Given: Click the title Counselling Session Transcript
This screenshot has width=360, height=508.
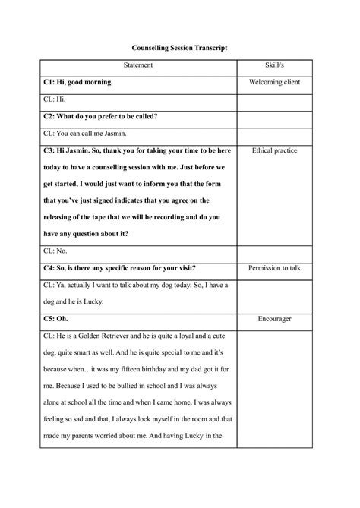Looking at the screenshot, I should [x=179, y=47].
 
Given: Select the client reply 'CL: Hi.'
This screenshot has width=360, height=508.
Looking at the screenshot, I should [x=56, y=99].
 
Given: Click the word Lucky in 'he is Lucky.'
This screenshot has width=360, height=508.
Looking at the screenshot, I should [x=98, y=301].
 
